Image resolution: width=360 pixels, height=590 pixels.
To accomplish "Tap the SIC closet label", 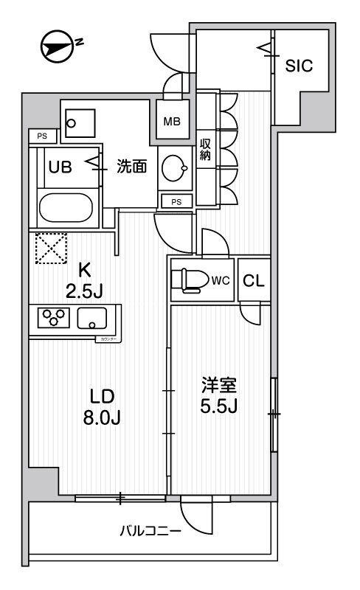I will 299,65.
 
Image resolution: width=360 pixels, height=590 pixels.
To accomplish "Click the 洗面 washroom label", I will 131,167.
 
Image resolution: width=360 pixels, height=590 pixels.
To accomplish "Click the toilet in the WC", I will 188,280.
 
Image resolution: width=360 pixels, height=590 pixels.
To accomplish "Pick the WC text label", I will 221,280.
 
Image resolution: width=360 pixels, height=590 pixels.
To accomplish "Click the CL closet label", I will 252,280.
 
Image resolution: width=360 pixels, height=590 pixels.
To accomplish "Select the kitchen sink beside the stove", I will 93,319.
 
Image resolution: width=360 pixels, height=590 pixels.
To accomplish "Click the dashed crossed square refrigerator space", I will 49,249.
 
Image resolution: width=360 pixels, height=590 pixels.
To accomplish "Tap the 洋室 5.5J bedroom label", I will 220,395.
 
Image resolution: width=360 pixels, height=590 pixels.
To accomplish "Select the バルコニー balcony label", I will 150,530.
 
